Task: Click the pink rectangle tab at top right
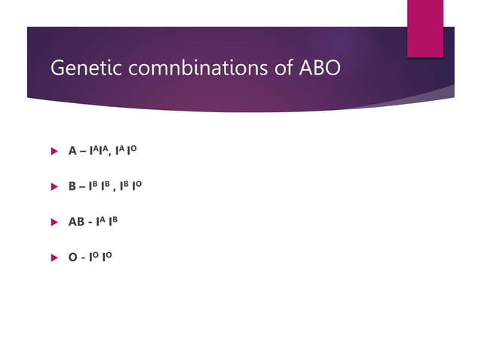pyautogui.click(x=425, y=28)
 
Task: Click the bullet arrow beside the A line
pyautogui.click(x=54, y=151)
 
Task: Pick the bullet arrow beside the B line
pyautogui.click(x=54, y=186)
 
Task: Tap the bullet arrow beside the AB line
pyautogui.click(x=54, y=222)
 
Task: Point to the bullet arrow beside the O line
pyautogui.click(x=54, y=258)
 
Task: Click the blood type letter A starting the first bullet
pyautogui.click(x=72, y=151)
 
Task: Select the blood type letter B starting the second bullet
pyautogui.click(x=72, y=186)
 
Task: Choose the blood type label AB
pyautogui.click(x=77, y=222)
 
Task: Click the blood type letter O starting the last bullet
pyautogui.click(x=72, y=258)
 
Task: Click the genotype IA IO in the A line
pyautogui.click(x=128, y=151)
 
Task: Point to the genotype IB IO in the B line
pyautogui.click(x=131, y=186)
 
